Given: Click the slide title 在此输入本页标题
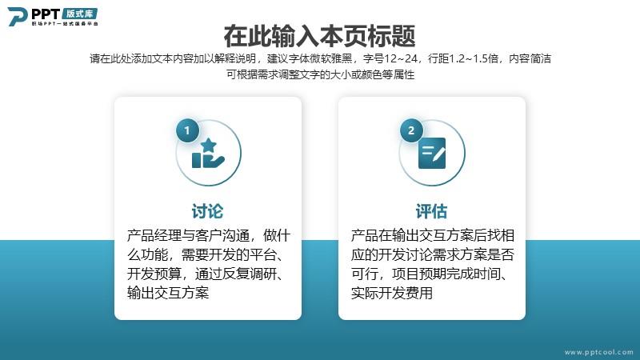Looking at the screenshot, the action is [x=319, y=36].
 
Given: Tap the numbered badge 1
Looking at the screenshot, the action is [x=187, y=130].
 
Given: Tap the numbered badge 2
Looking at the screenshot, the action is [x=411, y=130].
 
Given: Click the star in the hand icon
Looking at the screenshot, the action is [x=209, y=145].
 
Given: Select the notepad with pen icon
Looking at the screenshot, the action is [x=432, y=153].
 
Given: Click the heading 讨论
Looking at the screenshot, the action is [x=208, y=211].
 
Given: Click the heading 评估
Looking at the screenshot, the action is [x=431, y=211].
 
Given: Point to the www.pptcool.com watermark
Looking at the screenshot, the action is [x=598, y=352].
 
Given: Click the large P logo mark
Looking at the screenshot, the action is [x=18, y=16].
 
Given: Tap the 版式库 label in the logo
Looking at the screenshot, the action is [x=79, y=14].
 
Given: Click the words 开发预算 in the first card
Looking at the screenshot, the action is [x=154, y=274].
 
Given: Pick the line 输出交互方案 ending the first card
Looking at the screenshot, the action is [x=168, y=293].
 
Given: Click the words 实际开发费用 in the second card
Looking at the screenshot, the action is [x=392, y=293].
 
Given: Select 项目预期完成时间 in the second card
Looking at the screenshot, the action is [x=446, y=274].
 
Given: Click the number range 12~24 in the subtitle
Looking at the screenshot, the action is [x=401, y=58].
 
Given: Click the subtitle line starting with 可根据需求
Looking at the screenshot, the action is [x=321, y=74].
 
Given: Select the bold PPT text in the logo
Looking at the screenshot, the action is [x=46, y=14].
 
